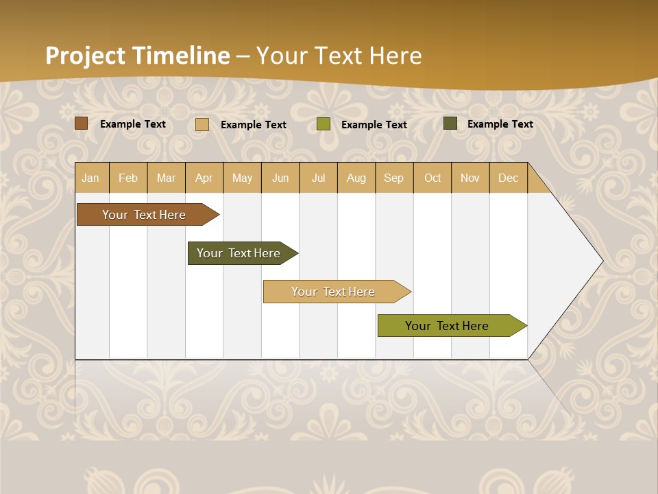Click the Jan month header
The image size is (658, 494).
tap(91, 178)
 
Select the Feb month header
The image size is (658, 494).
tap(128, 178)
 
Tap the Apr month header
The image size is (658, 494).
tap(204, 178)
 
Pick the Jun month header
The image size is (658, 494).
tap(280, 178)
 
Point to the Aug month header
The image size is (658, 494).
tap(356, 178)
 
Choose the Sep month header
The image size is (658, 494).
tap(393, 178)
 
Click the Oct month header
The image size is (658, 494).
tap(432, 178)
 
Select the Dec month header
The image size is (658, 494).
tap(508, 178)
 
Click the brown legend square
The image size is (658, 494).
tap(82, 123)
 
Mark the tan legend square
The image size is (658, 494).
tap(202, 124)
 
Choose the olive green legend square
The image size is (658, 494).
tap(324, 124)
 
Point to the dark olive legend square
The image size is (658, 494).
tap(450, 123)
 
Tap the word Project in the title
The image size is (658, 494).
tap(86, 56)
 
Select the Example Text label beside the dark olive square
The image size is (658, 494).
tap(500, 124)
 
